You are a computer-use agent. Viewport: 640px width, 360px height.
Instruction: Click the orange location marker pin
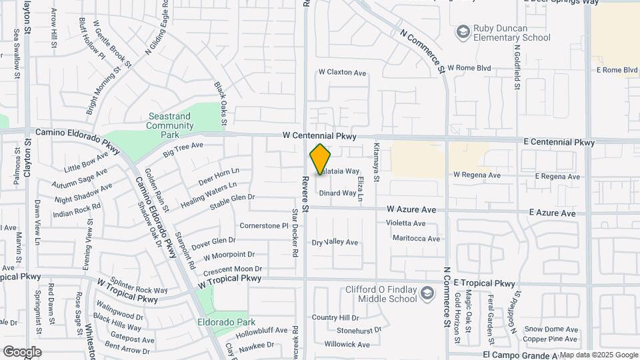pyautogui.click(x=320, y=159)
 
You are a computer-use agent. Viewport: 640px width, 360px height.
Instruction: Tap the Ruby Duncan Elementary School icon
pyautogui.click(x=462, y=32)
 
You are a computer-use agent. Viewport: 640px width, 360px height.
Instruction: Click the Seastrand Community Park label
pyautogui.click(x=170, y=125)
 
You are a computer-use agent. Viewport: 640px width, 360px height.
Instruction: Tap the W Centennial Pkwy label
pyautogui.click(x=319, y=135)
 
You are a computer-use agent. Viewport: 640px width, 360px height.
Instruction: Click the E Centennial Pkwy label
pyautogui.click(x=559, y=143)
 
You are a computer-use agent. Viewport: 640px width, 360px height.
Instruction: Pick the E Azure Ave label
pyautogui.click(x=552, y=213)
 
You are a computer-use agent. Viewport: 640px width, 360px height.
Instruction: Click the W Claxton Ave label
pyautogui.click(x=343, y=72)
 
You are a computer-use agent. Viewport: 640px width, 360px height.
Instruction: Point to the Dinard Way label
pyautogui.click(x=337, y=193)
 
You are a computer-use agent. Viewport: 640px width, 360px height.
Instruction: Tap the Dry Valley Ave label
pyautogui.click(x=335, y=242)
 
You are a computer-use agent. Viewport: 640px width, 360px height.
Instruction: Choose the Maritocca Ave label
pyautogui.click(x=416, y=238)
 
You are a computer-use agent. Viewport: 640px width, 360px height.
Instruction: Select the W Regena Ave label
pyautogui.click(x=477, y=175)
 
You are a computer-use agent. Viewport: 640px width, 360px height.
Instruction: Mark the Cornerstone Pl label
pyautogui.click(x=263, y=225)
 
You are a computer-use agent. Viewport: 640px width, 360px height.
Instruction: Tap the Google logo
pyautogui.click(x=22, y=351)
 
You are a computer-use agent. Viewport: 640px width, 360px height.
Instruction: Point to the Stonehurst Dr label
pyautogui.click(x=359, y=330)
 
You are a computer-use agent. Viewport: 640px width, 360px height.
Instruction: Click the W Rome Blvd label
pyautogui.click(x=469, y=68)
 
